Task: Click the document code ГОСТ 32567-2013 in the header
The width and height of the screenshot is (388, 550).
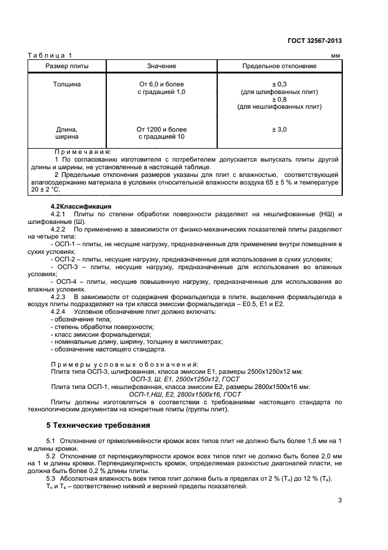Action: click(315, 41)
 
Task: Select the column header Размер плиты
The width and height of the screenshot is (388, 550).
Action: click(67, 66)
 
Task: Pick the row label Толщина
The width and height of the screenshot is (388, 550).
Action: click(68, 85)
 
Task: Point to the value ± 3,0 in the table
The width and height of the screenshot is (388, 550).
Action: click(279, 129)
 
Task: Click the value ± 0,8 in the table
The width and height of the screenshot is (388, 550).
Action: click(279, 99)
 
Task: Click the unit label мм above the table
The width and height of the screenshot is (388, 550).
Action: click(336, 56)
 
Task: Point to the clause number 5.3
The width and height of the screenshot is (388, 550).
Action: click(50, 479)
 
